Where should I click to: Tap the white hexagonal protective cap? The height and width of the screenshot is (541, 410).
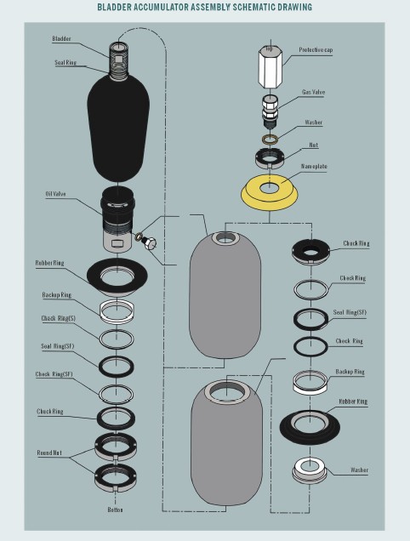(x=270, y=66)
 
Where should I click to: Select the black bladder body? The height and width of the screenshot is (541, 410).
(x=118, y=128)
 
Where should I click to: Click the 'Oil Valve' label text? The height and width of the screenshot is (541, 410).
(x=55, y=194)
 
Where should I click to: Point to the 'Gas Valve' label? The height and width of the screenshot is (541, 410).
(x=313, y=92)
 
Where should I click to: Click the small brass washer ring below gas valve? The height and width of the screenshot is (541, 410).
(x=270, y=139)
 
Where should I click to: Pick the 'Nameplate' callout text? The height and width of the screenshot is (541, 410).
(x=314, y=167)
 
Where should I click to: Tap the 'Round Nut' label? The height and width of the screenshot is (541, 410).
(x=49, y=453)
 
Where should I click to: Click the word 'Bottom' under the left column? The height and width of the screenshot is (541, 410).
(x=115, y=510)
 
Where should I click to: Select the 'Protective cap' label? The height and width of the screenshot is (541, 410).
(x=316, y=49)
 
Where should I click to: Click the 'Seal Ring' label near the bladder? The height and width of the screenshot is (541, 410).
(x=65, y=62)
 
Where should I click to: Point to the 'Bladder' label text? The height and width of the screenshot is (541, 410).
(x=62, y=38)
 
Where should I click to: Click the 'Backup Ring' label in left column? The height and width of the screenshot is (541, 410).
(x=57, y=295)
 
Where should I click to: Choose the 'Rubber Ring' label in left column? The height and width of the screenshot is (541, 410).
(x=49, y=263)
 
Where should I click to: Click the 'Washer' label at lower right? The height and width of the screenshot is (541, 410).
(x=359, y=470)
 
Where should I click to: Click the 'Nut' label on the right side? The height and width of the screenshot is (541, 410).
(x=313, y=145)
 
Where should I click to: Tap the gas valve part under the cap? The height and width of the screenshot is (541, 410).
(x=270, y=111)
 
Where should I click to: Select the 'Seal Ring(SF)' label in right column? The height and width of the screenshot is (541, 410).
(x=350, y=312)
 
